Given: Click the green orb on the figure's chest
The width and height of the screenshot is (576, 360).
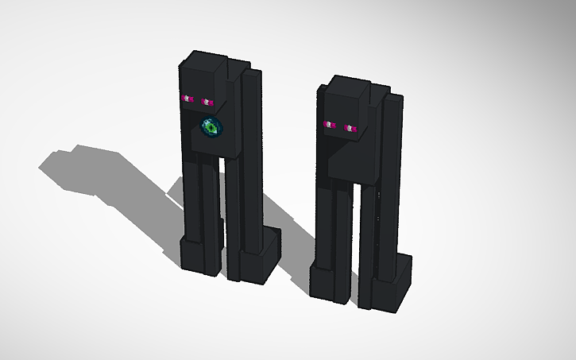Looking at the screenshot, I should tap(212, 126).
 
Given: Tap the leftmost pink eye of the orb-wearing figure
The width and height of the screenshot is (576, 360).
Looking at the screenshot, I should tap(188, 99).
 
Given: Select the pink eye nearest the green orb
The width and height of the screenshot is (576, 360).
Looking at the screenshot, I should tap(208, 102).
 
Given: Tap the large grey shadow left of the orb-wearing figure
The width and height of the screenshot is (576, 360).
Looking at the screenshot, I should tap(103, 171).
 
